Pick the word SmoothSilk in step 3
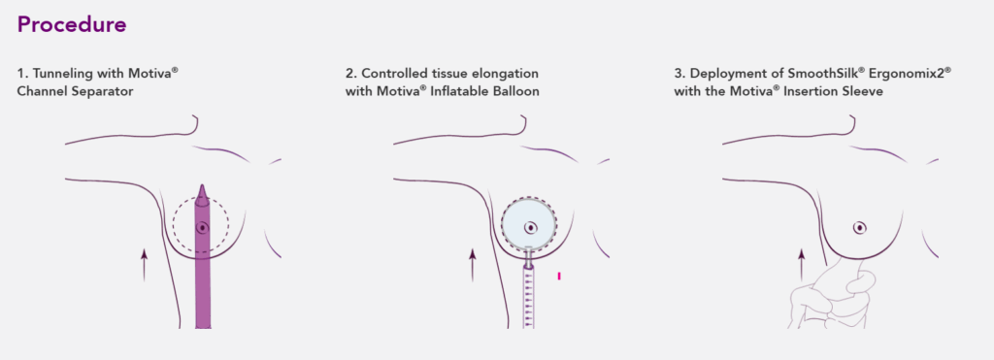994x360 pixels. [x=813, y=74]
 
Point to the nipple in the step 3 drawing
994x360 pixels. [x=860, y=228]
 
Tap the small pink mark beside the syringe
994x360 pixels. [x=560, y=278]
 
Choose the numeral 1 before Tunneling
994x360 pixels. [x=20, y=74]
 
